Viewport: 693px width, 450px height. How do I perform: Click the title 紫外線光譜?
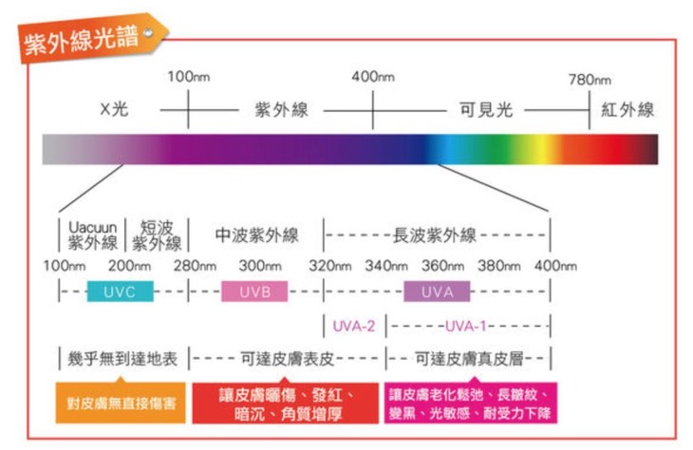84,37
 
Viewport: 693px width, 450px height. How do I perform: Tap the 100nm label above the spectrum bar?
188,77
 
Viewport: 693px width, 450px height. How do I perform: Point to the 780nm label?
590,80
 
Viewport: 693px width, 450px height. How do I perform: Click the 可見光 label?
486,110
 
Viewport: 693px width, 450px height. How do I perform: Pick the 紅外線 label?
627,110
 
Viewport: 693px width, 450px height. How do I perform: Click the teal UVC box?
120,291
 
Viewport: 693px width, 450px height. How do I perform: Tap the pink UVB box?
253,291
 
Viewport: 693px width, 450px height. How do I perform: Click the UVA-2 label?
353,326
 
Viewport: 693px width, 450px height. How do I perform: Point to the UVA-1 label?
465,326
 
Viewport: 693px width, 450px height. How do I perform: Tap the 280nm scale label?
196,265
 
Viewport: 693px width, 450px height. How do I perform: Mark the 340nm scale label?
385,265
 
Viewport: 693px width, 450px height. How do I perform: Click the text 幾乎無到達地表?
122,359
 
